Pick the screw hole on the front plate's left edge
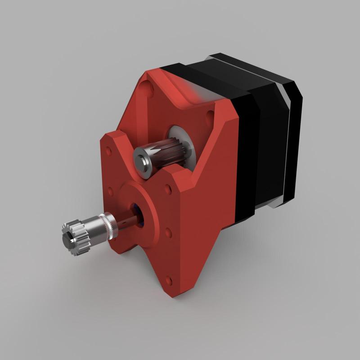click(110, 193)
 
